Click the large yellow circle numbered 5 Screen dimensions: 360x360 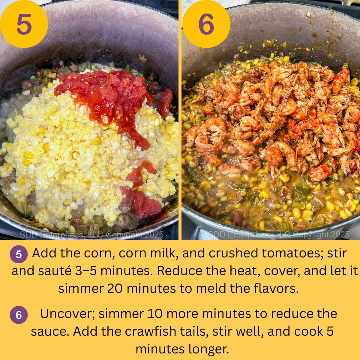click(24, 24)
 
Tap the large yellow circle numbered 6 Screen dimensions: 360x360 click(206, 24)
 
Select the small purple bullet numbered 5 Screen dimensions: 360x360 click(19, 254)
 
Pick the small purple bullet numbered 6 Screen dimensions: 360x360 click(19, 315)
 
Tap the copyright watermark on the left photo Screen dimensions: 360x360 click(91, 234)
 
